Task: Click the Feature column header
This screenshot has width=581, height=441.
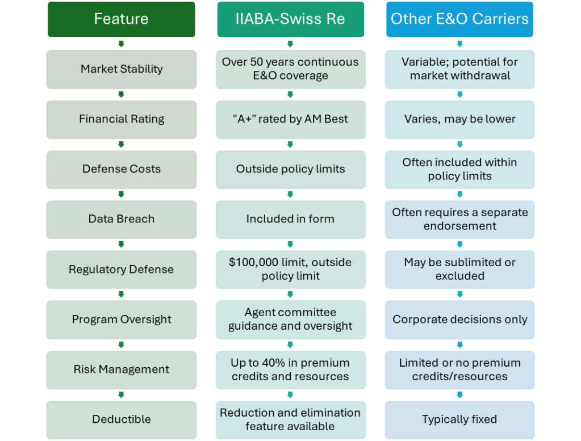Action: (x=121, y=19)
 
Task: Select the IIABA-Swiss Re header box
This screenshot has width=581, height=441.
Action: (x=290, y=19)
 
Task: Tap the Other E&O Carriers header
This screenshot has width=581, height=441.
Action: (x=459, y=19)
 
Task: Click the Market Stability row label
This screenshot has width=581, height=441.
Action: (x=121, y=69)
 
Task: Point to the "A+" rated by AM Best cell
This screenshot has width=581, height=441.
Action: (x=290, y=119)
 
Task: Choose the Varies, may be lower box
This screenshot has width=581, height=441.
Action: (x=459, y=119)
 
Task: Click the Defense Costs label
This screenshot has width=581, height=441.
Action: (x=121, y=169)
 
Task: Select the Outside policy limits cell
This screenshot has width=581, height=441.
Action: (x=290, y=169)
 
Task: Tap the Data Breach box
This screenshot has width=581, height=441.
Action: (x=121, y=219)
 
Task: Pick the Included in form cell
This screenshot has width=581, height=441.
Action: (x=290, y=219)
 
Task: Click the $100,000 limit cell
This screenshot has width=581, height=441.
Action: (x=290, y=269)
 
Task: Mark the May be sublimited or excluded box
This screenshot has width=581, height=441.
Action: (x=459, y=269)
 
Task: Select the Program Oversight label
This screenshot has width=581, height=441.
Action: (x=121, y=320)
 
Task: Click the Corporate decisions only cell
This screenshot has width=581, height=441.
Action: (x=459, y=320)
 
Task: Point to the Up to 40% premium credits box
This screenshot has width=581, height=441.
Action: (x=290, y=369)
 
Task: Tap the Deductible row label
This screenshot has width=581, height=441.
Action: (x=121, y=419)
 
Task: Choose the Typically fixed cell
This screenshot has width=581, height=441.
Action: (x=459, y=419)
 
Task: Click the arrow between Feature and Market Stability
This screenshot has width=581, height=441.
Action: (x=121, y=44)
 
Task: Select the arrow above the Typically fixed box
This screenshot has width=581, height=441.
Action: (x=459, y=394)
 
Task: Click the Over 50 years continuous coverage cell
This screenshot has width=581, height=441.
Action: (x=290, y=69)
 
